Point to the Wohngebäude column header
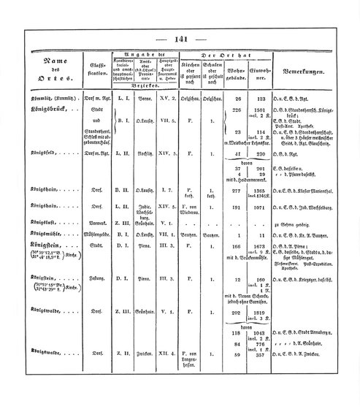(236, 74)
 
